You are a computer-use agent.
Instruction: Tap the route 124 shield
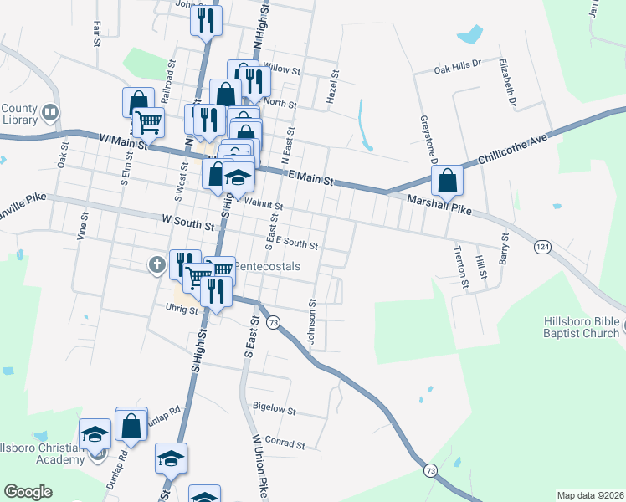pos(543,247)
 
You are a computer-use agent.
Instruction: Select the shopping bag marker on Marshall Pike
pos(447,180)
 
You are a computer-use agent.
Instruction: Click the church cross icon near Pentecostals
pos(156,266)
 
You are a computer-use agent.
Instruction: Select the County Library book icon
pos(50,112)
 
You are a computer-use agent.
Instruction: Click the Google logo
pos(28,491)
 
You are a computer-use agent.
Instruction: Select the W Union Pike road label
pos(259,462)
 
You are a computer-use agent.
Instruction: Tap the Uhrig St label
pos(180,309)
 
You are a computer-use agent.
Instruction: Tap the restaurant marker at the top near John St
pos(206,20)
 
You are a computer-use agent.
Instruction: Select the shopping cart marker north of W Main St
pos(148,122)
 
